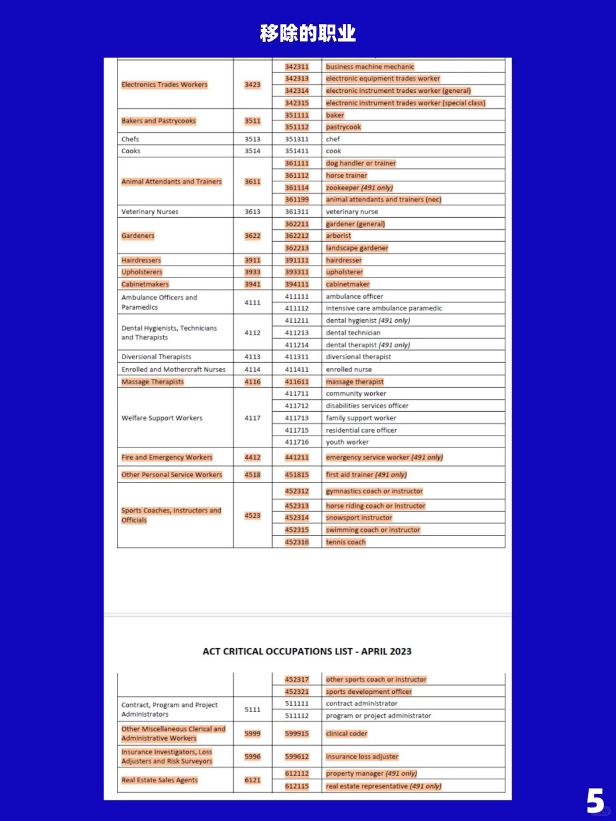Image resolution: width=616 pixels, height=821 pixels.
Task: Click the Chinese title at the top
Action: point(307,33)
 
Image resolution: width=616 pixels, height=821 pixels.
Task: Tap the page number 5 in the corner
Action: point(595,800)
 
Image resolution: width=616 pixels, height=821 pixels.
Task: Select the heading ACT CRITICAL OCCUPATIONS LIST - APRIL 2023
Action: point(307,651)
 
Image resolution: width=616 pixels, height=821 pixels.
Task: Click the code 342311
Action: point(297,67)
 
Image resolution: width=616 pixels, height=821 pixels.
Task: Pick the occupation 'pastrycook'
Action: point(343,127)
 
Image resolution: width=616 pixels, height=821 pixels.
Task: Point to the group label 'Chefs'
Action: point(130,139)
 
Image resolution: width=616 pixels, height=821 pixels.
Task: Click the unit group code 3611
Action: point(252,181)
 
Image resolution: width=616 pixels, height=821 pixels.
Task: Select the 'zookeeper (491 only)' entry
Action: point(359,188)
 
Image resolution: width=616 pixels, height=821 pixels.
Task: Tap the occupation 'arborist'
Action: point(338,235)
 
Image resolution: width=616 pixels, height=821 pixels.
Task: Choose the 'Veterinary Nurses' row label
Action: point(149,212)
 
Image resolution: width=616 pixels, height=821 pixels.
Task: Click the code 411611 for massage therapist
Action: point(297,381)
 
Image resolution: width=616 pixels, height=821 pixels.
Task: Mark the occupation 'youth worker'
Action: point(347,442)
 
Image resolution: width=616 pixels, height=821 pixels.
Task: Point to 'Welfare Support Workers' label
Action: point(161,418)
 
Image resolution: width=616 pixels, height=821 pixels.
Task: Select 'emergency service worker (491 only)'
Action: point(384,457)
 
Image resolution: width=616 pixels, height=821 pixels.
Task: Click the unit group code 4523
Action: point(252,515)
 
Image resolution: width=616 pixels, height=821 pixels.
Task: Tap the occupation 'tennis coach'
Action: point(346,542)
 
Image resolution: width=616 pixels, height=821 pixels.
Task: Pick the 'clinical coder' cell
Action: point(347,733)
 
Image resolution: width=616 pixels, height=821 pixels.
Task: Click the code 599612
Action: point(297,757)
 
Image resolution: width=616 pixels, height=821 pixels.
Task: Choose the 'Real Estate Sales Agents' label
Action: point(159,780)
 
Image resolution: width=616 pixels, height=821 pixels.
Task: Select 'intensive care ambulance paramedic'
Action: point(384,308)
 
